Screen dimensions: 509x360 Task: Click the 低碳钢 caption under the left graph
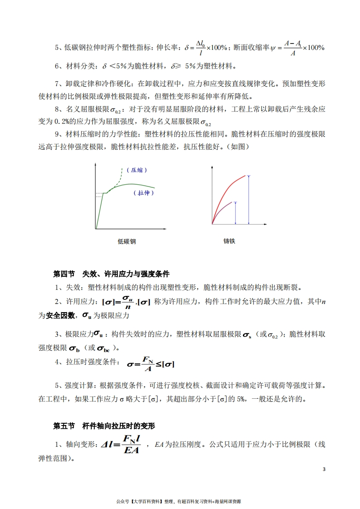point(127,241)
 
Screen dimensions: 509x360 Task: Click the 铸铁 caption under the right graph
point(229,241)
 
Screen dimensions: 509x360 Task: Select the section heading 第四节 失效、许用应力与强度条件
point(111,274)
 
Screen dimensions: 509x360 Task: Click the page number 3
point(324,469)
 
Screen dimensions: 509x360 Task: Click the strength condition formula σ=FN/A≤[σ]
point(151,364)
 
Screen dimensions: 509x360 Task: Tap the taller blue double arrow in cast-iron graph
point(248,200)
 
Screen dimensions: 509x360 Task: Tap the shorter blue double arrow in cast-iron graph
point(235,213)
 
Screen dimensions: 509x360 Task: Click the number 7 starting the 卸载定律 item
point(57,84)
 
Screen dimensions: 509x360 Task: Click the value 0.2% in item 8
point(71,122)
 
